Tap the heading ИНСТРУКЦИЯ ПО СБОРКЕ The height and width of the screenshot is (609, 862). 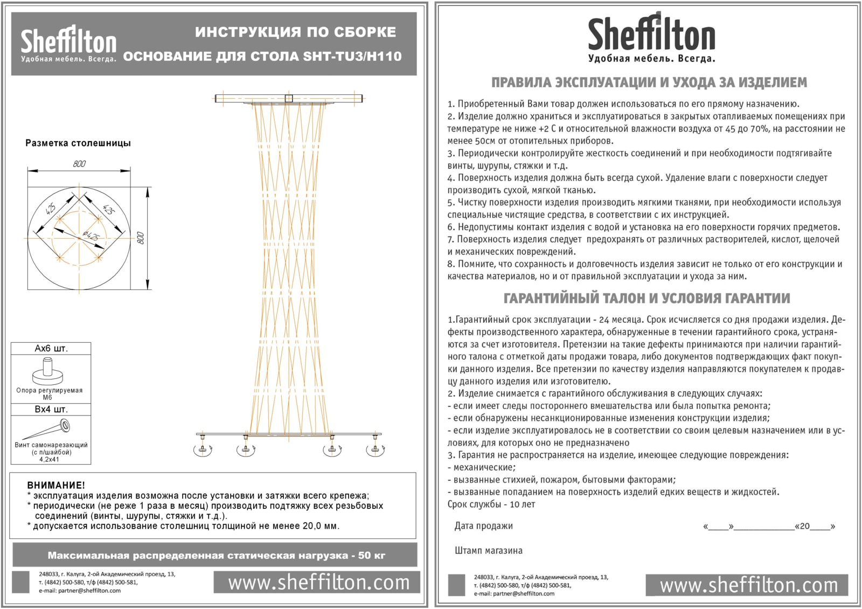point(295,32)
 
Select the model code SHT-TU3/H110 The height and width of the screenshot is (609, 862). point(352,56)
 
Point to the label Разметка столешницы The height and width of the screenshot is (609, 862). point(78,143)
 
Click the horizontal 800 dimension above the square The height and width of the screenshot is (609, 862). point(79,164)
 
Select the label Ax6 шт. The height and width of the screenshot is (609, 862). point(51,349)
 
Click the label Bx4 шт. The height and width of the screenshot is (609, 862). point(51,409)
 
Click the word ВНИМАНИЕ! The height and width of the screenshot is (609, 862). point(56,485)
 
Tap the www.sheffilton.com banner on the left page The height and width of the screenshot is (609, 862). point(318,582)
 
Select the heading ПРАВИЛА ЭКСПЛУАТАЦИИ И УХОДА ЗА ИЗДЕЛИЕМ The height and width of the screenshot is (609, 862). point(649,82)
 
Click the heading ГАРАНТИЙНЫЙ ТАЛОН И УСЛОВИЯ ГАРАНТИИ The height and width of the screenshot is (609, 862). point(646,298)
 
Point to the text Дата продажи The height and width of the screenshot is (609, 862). point(483,526)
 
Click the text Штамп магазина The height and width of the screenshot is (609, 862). point(488,551)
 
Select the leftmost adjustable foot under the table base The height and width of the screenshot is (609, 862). point(203,448)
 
